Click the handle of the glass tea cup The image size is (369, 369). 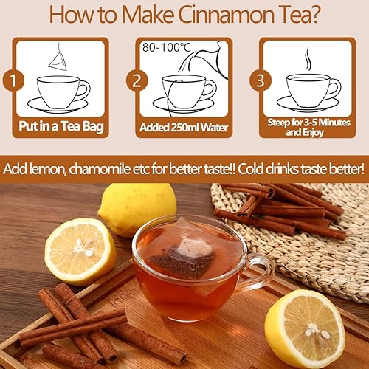click(258, 273)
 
